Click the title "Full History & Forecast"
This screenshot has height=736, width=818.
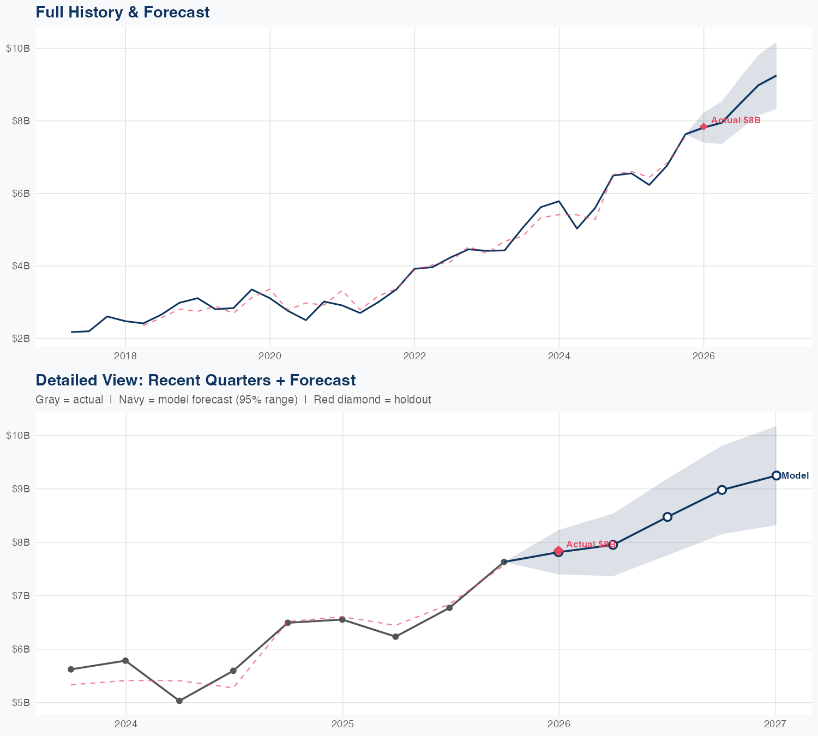(122, 12)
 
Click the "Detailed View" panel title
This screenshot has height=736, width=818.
(195, 380)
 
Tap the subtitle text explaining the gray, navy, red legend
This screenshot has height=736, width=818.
(233, 400)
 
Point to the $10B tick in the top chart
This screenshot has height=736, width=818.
(18, 49)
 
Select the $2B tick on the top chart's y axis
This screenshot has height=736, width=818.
(20, 339)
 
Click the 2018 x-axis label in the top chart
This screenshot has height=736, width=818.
(125, 356)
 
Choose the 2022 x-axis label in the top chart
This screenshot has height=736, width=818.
(414, 356)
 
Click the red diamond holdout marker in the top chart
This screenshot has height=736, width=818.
(703, 126)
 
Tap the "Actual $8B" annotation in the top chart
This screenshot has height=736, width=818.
(736, 120)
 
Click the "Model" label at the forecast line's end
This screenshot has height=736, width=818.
(795, 476)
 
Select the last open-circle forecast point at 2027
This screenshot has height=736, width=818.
(776, 475)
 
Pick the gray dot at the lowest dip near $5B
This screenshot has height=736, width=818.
(179, 701)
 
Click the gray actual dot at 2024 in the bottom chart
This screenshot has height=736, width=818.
(125, 661)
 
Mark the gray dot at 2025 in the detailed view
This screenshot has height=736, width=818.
(342, 619)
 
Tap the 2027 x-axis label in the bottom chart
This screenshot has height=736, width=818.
(775, 724)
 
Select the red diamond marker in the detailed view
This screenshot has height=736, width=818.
(558, 551)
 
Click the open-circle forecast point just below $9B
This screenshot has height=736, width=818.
(722, 490)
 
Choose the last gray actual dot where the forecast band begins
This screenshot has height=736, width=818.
(504, 562)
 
